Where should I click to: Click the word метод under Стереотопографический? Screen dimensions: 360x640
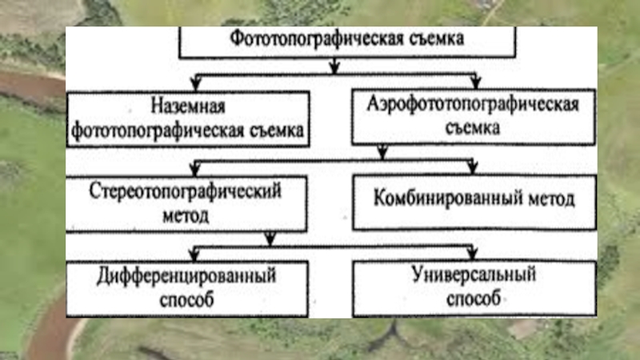(x=186, y=216)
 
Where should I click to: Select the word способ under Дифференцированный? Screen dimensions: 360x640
(x=186, y=301)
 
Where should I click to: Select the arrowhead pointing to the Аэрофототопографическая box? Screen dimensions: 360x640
(x=475, y=83)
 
